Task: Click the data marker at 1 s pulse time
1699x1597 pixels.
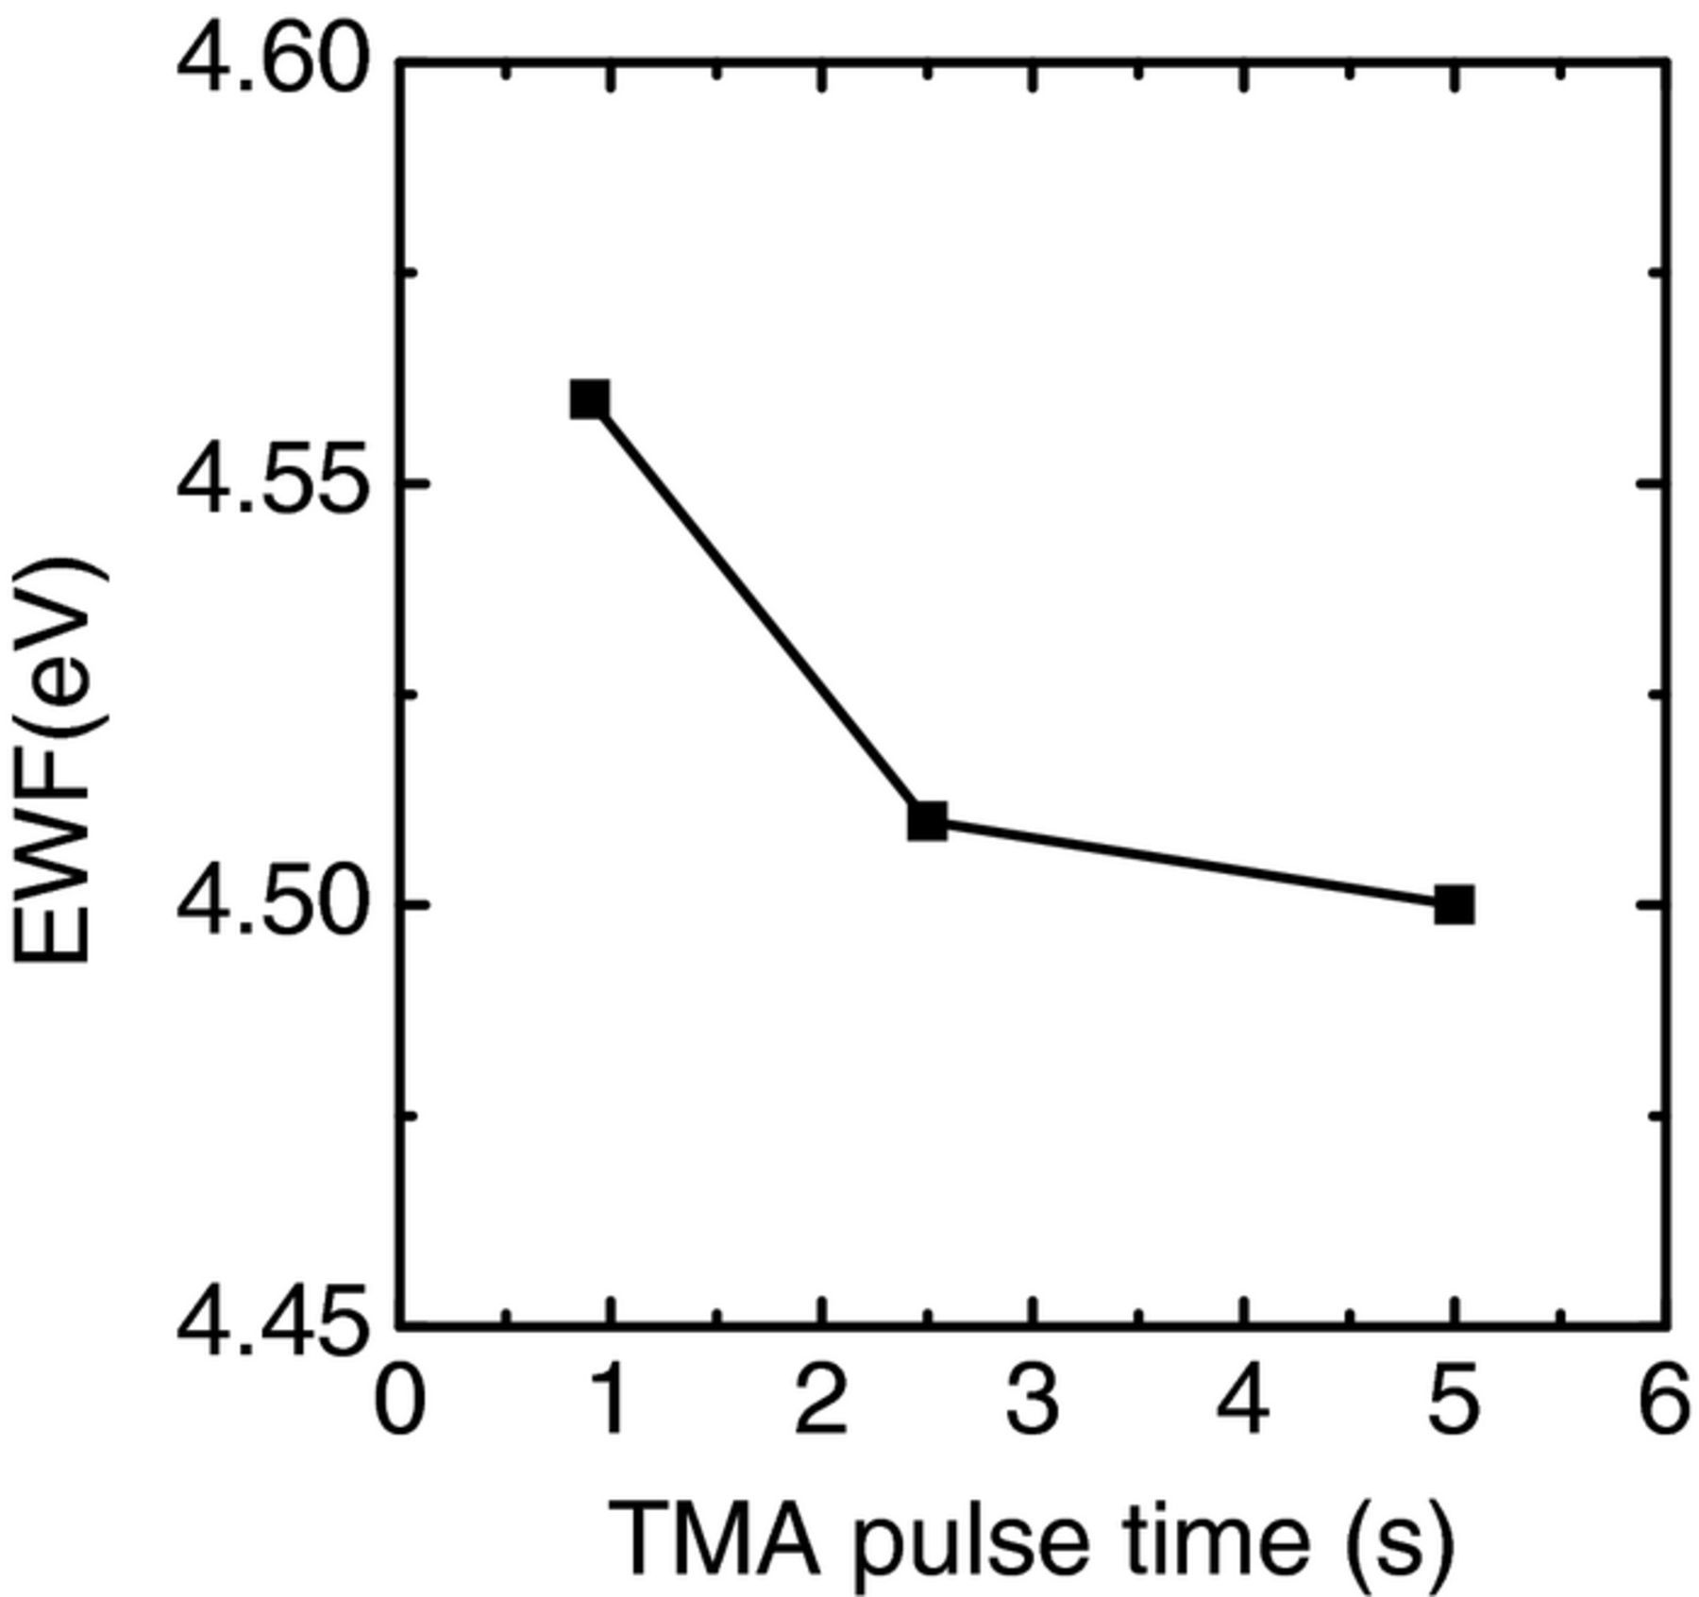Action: click(589, 400)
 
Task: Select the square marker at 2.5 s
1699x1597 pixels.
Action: click(927, 821)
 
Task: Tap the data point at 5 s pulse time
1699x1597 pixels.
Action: click(1454, 906)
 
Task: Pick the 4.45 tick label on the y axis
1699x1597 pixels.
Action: click(273, 1325)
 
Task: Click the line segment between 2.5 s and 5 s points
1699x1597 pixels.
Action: click(1189, 864)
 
